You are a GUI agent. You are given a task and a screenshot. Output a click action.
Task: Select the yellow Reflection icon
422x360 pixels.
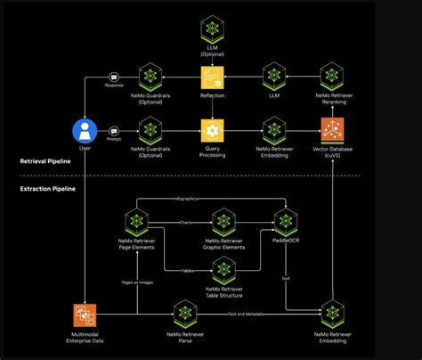[212, 77]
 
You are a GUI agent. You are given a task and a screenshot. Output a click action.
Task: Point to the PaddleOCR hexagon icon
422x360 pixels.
[286, 219]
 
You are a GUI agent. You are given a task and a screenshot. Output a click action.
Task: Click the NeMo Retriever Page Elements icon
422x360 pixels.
[137, 219]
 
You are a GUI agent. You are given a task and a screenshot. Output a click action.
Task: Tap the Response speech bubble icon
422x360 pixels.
[114, 78]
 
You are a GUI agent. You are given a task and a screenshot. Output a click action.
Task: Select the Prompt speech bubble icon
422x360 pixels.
[114, 130]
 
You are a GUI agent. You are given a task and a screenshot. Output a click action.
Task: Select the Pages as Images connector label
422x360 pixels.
[137, 281]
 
